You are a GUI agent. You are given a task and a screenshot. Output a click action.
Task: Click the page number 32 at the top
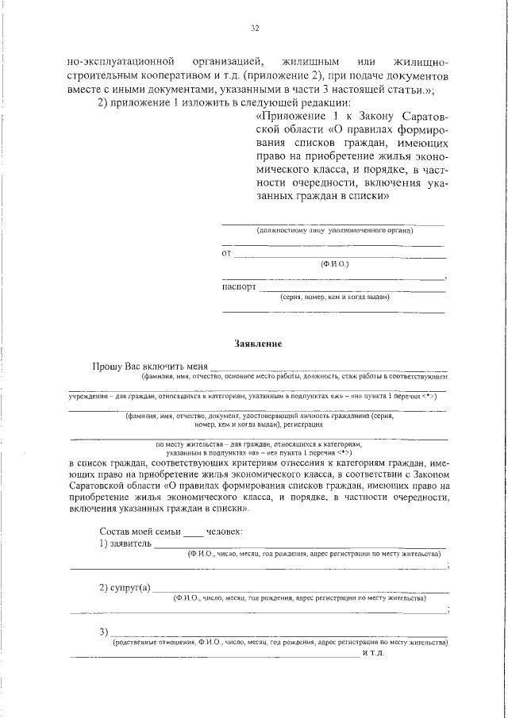pos(255,29)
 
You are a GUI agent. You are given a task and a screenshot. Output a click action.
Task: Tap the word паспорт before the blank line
pos(239,286)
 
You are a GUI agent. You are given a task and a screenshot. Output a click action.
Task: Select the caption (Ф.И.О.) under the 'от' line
pos(334,263)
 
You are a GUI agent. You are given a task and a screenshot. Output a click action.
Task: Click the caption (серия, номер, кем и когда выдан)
pos(334,298)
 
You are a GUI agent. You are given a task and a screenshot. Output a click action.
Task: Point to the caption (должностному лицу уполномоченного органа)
pos(334,230)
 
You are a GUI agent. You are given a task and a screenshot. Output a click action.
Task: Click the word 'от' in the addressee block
pos(226,254)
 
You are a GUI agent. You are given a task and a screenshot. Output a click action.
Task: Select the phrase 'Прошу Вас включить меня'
pos(149,367)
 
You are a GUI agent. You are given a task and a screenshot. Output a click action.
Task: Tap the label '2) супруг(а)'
pos(125,588)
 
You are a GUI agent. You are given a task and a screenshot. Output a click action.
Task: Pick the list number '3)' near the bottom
pos(104,632)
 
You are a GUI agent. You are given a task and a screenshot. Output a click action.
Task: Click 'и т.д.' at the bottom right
pos(373,653)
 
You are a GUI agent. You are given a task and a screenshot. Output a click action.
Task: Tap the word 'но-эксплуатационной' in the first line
pos(120,61)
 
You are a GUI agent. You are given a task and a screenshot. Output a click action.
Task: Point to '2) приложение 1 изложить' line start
pos(151,103)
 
